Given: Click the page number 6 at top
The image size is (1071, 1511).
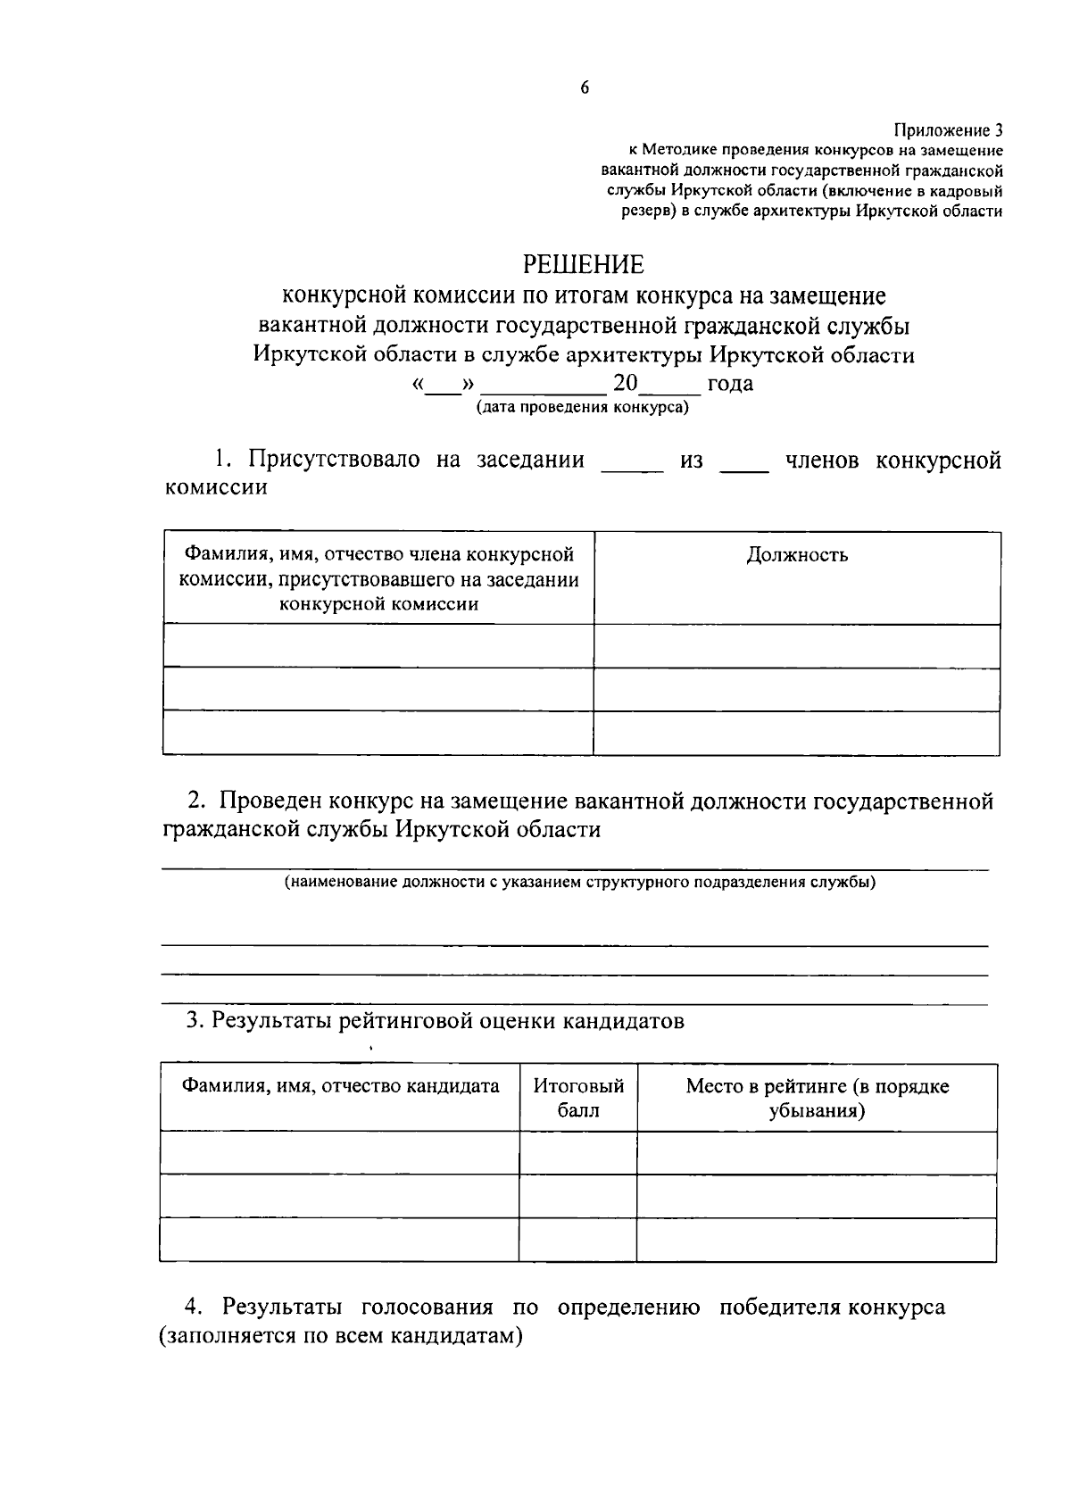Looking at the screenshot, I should pyautogui.click(x=585, y=87).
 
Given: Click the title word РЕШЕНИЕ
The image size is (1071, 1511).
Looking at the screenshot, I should pyautogui.click(x=583, y=264).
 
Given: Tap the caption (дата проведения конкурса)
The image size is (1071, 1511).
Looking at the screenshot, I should pyautogui.click(x=582, y=407).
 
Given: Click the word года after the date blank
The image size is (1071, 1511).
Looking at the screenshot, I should pyautogui.click(x=730, y=384).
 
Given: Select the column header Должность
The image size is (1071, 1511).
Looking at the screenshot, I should pyautogui.click(x=797, y=555).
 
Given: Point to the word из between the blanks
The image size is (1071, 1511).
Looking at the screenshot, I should pyautogui.click(x=692, y=461).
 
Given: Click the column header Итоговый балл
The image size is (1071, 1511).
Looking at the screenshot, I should pyautogui.click(x=578, y=1098).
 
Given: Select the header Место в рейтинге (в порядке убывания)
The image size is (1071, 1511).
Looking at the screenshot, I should pyautogui.click(x=817, y=1098).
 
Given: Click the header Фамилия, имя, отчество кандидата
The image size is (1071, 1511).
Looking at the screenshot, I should pyautogui.click(x=340, y=1086).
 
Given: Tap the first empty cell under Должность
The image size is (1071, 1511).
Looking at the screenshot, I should pyautogui.click(x=797, y=646).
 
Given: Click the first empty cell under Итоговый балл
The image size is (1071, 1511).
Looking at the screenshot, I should pyautogui.click(x=578, y=1153).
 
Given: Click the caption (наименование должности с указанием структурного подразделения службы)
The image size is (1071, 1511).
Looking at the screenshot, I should pyautogui.click(x=580, y=883).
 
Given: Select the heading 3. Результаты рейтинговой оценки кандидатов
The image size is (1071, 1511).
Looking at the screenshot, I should pyautogui.click(x=435, y=1020).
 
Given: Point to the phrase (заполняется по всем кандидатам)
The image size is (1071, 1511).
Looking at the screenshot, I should pyautogui.click(x=340, y=1337).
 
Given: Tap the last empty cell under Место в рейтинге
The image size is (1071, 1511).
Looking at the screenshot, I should pyautogui.click(x=817, y=1240).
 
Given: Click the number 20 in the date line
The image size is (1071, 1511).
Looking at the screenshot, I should pyautogui.click(x=625, y=383).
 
